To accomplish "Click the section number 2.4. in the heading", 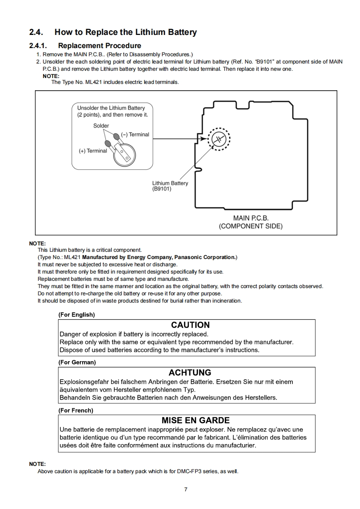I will (37, 32).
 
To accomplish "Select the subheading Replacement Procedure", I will (99, 45).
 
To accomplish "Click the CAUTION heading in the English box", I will (190, 325).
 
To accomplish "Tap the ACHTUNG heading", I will (190, 373).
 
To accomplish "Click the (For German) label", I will (77, 362).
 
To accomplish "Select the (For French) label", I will (76, 411).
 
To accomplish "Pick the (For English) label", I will (77, 314).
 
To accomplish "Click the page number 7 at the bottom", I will (186, 489).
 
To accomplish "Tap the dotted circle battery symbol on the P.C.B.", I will (219, 138).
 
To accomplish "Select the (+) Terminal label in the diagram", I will (93, 151).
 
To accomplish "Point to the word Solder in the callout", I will (101, 126).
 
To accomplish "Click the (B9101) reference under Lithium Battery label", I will (162, 189).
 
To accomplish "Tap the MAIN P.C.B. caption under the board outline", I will (251, 218).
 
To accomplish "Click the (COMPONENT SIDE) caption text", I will (251, 226).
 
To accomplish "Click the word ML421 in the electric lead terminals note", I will (94, 82).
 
